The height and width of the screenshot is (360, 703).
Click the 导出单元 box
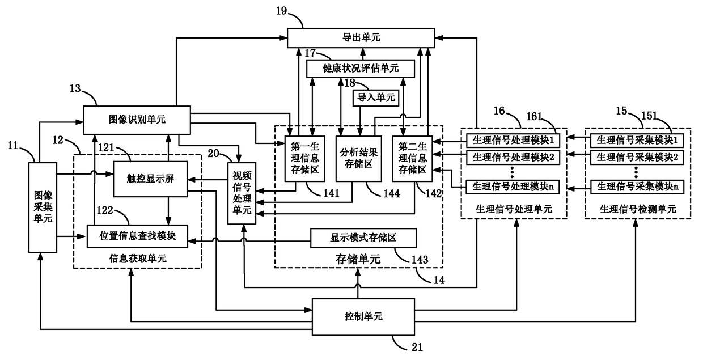[361, 38]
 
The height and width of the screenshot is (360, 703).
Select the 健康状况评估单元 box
[361, 69]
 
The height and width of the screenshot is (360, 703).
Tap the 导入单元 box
[376, 98]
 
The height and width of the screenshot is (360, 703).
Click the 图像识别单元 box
[137, 120]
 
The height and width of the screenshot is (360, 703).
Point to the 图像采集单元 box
[43, 207]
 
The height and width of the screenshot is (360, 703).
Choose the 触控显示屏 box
[150, 179]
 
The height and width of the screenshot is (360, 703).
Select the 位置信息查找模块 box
[137, 236]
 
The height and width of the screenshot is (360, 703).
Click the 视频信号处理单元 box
[242, 193]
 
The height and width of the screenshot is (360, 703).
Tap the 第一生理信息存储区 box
[304, 159]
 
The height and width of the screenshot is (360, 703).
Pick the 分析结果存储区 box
[359, 159]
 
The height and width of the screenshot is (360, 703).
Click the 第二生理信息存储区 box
[412, 159]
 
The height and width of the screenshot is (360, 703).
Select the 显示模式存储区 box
[363, 238]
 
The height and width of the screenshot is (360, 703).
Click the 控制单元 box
[363, 317]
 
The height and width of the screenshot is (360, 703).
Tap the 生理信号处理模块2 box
[513, 157]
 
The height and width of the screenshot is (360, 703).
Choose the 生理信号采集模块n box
[637, 187]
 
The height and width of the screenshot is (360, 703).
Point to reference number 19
[282, 11]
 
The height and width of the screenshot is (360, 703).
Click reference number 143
[420, 260]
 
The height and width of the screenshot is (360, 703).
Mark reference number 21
[417, 347]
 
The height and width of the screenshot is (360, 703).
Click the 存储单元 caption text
[358, 259]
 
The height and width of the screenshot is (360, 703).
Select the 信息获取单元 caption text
[137, 259]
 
